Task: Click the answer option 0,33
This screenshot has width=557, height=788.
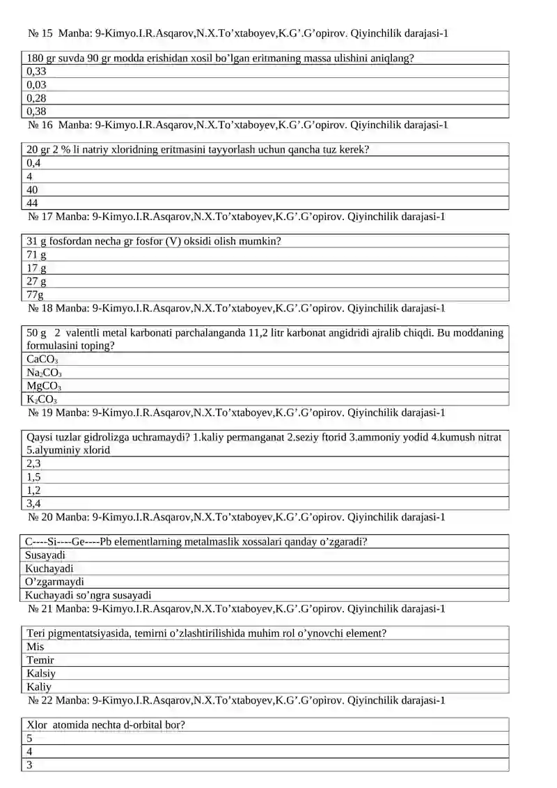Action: (x=36, y=71)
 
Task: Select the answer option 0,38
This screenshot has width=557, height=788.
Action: (x=36, y=111)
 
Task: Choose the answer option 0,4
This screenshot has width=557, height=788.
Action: (x=33, y=163)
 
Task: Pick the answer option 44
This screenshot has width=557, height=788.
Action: (x=32, y=203)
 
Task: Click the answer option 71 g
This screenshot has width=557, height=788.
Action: (x=37, y=255)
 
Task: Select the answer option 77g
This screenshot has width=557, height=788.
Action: (x=35, y=295)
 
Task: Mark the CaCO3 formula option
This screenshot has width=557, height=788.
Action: (x=42, y=360)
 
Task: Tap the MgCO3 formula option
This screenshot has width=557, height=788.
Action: (x=44, y=386)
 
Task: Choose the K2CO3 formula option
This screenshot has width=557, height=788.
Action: (x=42, y=399)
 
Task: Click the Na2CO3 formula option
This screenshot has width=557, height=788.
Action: (x=44, y=373)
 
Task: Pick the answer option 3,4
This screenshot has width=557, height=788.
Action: (x=33, y=503)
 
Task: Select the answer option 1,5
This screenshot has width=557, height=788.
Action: (x=33, y=477)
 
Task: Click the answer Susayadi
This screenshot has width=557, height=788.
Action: (x=45, y=555)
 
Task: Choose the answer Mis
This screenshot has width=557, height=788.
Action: (x=36, y=647)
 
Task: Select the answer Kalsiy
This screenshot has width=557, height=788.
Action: (x=41, y=674)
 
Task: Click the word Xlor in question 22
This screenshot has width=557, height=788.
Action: (x=38, y=725)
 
